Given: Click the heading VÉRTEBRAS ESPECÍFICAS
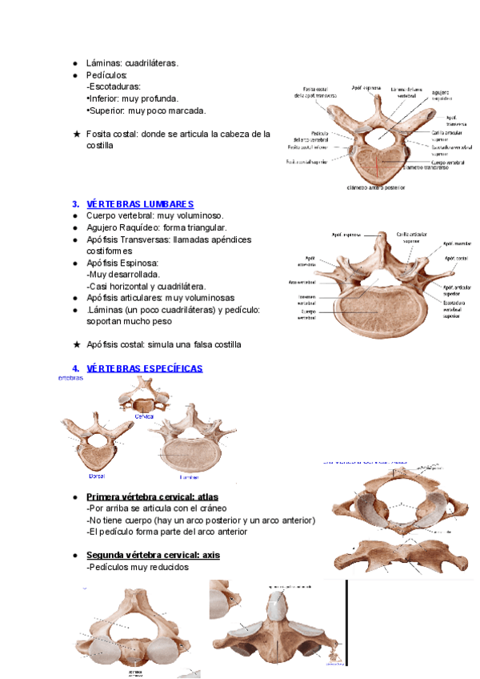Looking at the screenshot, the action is click(x=144, y=368).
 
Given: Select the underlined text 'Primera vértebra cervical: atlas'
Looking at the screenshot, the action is click(x=152, y=496).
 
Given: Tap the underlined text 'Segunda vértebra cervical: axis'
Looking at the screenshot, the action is click(x=153, y=555).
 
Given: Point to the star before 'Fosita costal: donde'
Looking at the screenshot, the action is click(x=76, y=135).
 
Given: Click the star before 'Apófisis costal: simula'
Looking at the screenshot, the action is click(x=76, y=344).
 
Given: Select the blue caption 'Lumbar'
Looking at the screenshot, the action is click(x=188, y=475).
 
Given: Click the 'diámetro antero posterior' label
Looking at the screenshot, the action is click(x=375, y=188).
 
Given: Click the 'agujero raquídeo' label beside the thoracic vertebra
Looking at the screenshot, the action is click(x=448, y=96).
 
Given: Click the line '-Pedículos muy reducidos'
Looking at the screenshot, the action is click(x=137, y=567).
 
